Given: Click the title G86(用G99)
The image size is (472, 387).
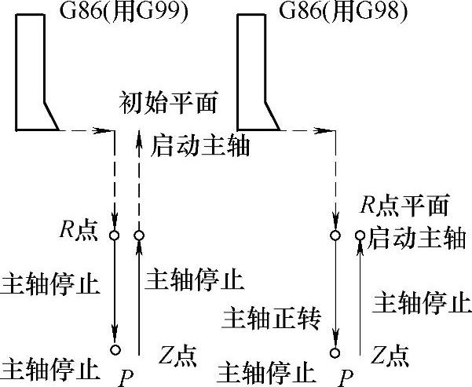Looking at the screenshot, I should tap(124, 12).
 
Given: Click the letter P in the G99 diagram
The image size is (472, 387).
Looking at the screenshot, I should tap(126, 378).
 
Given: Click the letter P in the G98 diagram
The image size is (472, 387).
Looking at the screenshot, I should tap(343, 378).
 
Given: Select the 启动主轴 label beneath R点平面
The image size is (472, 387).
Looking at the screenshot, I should tap(416, 236).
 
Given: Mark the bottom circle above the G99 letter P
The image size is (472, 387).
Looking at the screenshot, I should tap(116, 350).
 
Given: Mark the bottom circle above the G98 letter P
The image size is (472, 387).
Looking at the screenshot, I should tap(337, 350).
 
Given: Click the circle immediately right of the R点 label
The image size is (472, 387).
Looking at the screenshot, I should tap(116, 235).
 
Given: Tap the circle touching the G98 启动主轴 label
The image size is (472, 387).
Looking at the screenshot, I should tap(360, 235).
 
